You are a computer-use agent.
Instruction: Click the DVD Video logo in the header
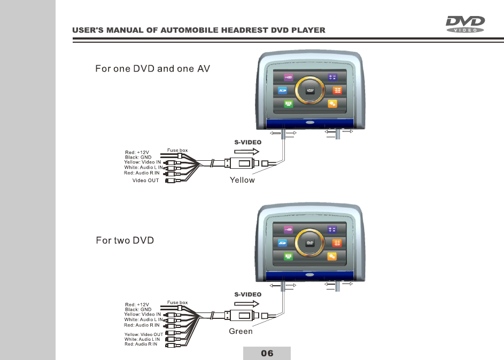(x=465, y=25)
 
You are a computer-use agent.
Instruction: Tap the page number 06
(x=267, y=353)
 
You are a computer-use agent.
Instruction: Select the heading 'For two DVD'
(x=125, y=240)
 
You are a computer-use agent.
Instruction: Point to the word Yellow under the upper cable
(x=242, y=180)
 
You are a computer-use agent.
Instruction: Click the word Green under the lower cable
(x=241, y=331)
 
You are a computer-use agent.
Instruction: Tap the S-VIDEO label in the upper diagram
(x=248, y=143)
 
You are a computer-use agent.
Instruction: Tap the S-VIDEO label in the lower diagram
(x=248, y=294)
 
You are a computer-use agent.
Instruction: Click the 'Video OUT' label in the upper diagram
(x=145, y=181)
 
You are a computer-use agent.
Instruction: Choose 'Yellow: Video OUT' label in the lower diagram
(x=143, y=334)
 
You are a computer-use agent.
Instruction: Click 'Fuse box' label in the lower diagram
(x=177, y=303)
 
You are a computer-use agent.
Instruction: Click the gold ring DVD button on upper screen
(x=309, y=91)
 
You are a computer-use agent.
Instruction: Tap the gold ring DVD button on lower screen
(x=309, y=243)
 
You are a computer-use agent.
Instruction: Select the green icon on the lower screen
(x=289, y=257)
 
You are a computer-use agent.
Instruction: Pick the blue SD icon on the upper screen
(x=283, y=91)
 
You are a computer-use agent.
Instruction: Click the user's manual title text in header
(x=199, y=30)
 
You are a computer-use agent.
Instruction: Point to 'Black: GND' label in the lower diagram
(x=138, y=309)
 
